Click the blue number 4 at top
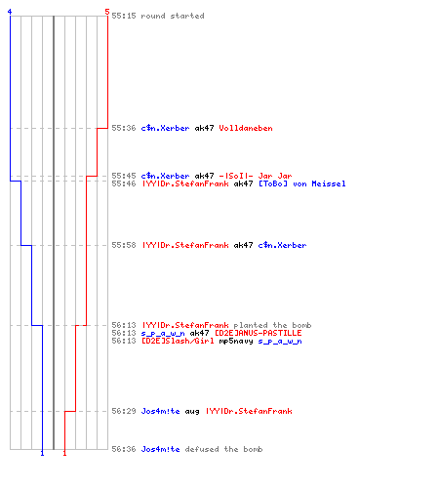10,12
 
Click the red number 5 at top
107,12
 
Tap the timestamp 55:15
124,16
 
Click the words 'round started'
173,16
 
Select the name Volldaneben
246,128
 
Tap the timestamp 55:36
124,128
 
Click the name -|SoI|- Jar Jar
256,176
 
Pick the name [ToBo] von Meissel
302,183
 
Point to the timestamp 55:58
124,245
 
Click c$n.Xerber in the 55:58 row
282,245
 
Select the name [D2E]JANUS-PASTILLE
259,333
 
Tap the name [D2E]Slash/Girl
178,341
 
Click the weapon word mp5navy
236,342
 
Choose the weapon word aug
192,412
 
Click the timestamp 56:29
124,411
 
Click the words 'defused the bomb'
223,449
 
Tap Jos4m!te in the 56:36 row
160,449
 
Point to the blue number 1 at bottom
42,453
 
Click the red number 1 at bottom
64,453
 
